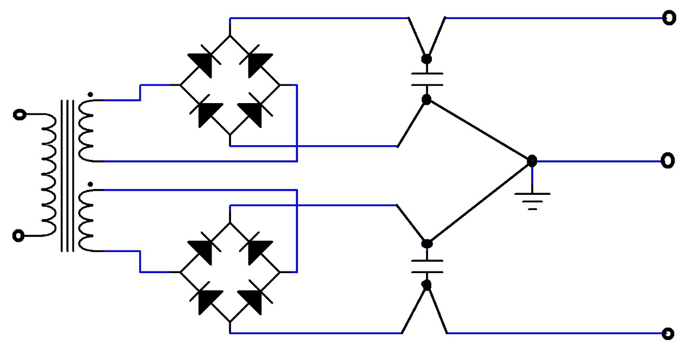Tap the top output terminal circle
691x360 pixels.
pyautogui.click(x=669, y=18)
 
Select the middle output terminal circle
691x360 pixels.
pyautogui.click(x=668, y=160)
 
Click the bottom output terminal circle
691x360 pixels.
pyautogui.click(x=668, y=333)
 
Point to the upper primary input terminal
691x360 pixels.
pyautogui.click(x=19, y=115)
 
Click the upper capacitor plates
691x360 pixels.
pyautogui.click(x=427, y=79)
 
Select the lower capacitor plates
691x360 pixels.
pyautogui.click(x=427, y=264)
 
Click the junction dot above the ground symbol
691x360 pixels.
pyautogui.click(x=532, y=160)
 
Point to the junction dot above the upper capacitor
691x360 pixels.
pyautogui.click(x=426, y=58)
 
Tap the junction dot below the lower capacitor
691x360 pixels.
pyautogui.click(x=426, y=285)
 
